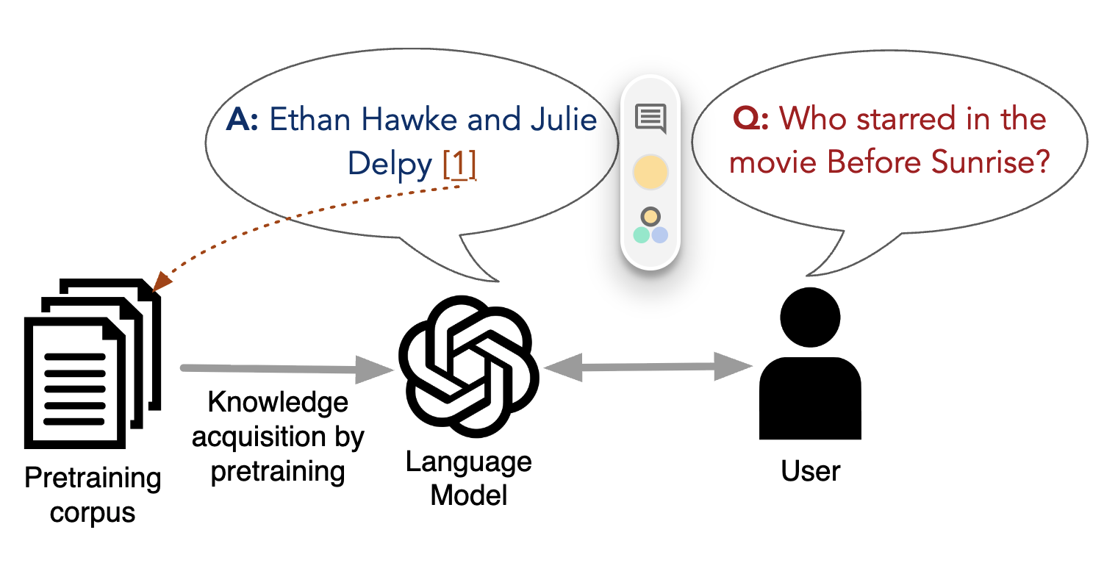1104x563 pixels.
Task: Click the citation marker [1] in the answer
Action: [459, 165]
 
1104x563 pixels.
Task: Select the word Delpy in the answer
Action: [390, 165]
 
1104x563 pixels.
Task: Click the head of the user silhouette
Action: [809, 315]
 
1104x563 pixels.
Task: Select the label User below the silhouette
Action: [810, 470]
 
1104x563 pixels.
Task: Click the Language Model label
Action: [468, 478]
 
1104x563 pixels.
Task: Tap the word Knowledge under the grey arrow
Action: [278, 403]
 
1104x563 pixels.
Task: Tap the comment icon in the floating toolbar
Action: [650, 118]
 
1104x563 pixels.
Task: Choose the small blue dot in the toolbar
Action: [660, 234]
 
